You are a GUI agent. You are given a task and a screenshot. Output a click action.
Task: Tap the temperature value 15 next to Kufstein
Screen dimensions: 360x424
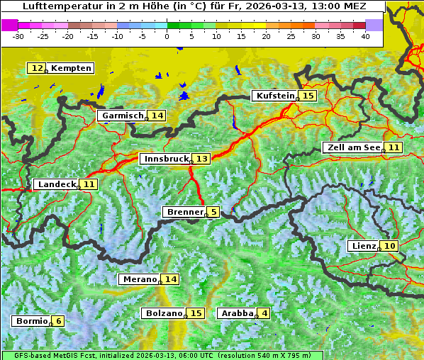[308, 96]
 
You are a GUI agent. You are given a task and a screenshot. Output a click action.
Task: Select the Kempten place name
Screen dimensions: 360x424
[71, 68]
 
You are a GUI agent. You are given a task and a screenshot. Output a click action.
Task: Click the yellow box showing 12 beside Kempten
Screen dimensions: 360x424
[37, 68]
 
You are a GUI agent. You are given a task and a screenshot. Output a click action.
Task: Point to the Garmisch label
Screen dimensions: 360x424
[122, 116]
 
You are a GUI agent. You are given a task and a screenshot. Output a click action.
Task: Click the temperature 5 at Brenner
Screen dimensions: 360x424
[213, 212]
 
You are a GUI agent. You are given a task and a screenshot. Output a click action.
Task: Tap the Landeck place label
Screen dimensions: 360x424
[57, 184]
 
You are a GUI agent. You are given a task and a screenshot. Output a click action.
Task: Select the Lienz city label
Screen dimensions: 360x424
[363, 246]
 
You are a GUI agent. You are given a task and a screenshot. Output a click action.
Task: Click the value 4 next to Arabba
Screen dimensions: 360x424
[264, 313]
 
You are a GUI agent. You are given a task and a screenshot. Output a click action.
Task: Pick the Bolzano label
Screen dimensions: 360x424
[164, 313]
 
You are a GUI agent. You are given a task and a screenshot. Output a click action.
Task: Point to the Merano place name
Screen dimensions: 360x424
[139, 279]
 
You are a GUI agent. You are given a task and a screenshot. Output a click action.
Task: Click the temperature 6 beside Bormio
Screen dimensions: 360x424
[59, 321]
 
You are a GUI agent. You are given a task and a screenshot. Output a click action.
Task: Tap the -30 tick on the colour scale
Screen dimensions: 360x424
[18, 36]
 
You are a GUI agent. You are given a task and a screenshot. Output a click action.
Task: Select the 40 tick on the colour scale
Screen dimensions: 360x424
[365, 36]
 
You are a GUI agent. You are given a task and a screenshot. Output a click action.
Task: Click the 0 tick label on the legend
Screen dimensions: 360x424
[167, 36]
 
